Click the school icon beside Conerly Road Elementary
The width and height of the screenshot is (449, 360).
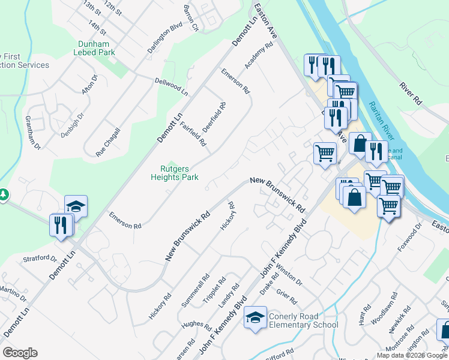[256, 317]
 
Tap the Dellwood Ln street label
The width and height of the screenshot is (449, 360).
[171, 86]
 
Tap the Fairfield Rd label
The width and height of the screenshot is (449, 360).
[193, 134]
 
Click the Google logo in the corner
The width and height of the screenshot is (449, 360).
[20, 353]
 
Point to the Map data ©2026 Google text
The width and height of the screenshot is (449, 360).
[412, 355]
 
